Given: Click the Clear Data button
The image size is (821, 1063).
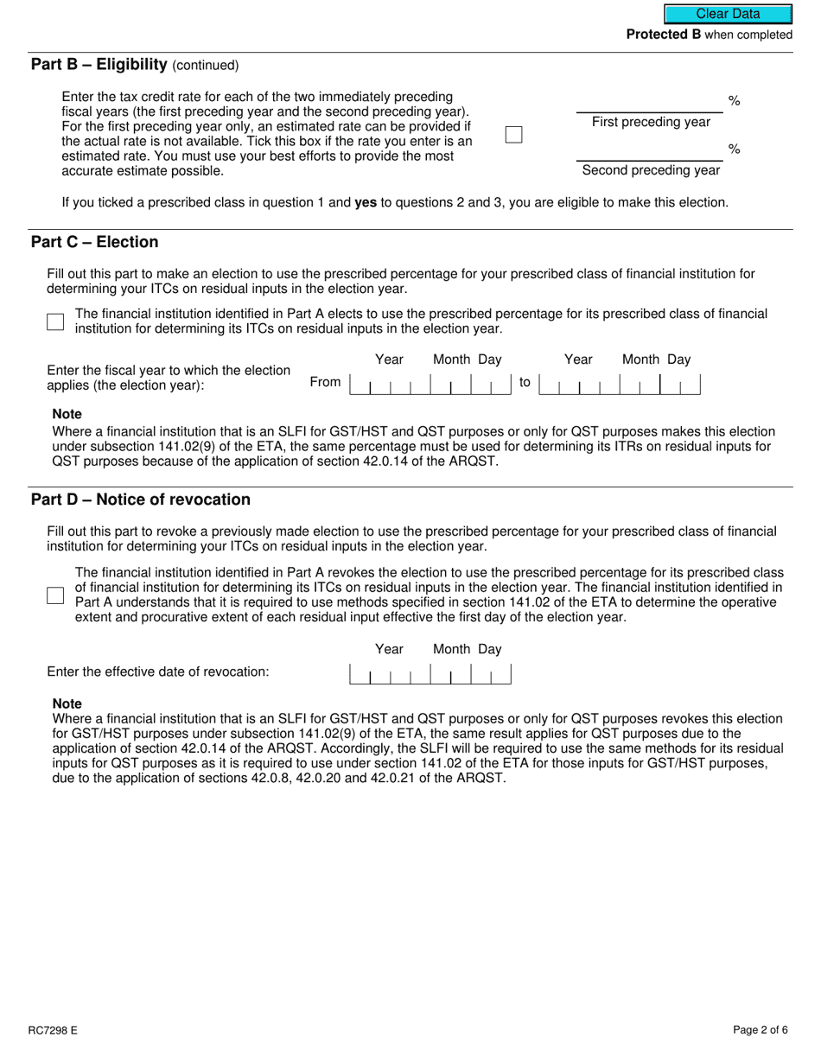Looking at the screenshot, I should point(728,14).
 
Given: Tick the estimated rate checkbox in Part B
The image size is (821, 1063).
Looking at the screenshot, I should point(513,134).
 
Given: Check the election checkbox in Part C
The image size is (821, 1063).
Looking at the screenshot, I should point(55,321).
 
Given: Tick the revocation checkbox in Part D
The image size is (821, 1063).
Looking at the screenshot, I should point(55,595).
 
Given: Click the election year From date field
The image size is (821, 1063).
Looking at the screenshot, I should point(430,384).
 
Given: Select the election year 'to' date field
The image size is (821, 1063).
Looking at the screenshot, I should point(619,384).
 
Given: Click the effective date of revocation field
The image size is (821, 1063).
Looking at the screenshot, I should point(430,673).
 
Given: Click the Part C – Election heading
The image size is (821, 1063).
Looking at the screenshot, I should point(95,242).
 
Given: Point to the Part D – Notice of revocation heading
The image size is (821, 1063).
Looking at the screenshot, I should point(141,500).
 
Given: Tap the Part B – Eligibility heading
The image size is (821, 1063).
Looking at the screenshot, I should point(99,64).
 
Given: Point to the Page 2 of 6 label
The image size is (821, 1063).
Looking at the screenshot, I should point(760,1029).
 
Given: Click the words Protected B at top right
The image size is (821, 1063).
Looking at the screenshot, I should point(664,35).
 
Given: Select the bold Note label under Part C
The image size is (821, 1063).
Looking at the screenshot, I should point(67,414).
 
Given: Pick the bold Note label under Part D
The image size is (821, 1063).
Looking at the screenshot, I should point(67,703).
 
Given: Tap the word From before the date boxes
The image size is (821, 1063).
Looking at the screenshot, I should point(325,382).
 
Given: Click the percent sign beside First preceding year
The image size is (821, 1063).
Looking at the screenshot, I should point(734,101).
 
